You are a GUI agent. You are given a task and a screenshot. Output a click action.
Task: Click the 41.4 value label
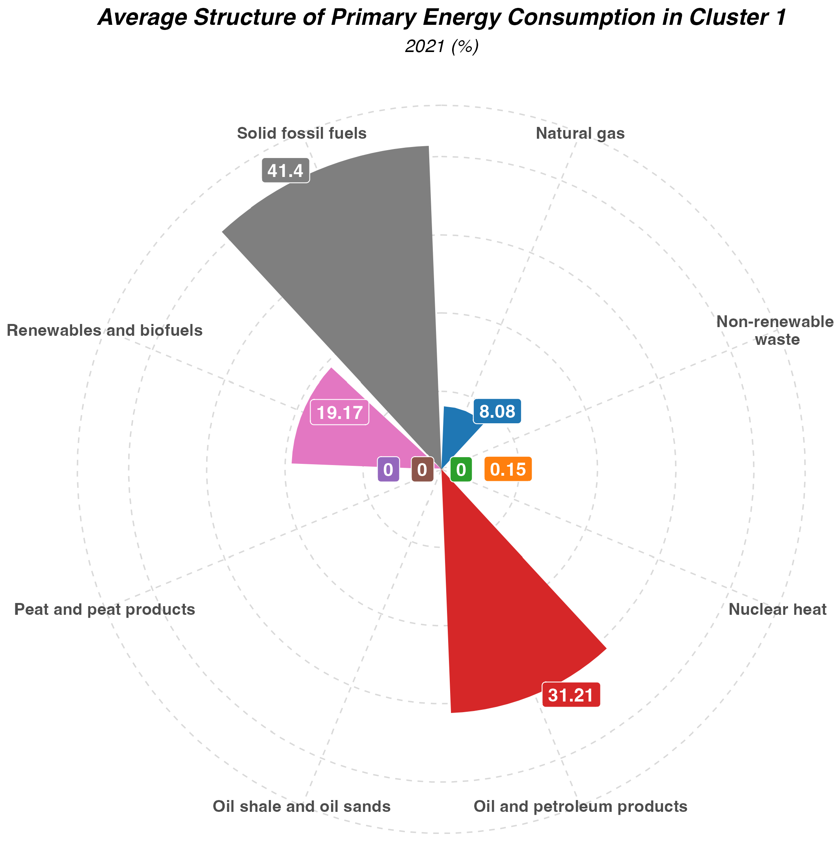[x=285, y=171]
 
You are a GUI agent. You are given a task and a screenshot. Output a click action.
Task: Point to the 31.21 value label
[x=571, y=696]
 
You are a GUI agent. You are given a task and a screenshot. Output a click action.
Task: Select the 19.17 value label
[x=339, y=412]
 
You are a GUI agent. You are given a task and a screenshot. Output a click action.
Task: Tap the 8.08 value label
[x=497, y=411]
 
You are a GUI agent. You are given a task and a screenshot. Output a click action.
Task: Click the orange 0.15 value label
[x=508, y=469]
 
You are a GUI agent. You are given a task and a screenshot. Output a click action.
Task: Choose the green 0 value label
[x=461, y=469]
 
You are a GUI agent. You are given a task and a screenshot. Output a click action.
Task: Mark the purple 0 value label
[x=388, y=469]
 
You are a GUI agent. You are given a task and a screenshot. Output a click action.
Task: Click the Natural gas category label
[x=580, y=134]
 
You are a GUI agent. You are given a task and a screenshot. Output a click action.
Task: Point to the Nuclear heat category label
[x=778, y=609]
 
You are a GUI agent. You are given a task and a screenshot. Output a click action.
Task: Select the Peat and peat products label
[x=105, y=609]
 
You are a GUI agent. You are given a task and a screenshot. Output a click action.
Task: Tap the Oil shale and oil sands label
[x=302, y=806]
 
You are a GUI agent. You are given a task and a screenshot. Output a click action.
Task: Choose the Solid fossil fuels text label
[x=302, y=134]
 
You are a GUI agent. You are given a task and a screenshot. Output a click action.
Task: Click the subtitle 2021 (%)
[x=441, y=47]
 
